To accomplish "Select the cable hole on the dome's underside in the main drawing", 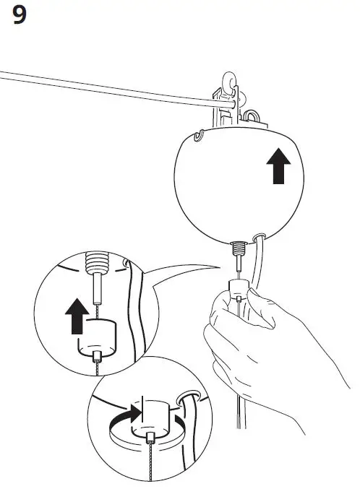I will tap(260, 235).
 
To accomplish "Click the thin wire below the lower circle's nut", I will tap(149, 462).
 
